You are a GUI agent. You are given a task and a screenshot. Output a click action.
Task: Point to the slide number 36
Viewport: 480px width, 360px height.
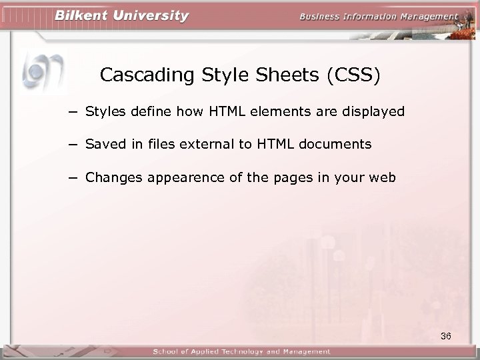446,336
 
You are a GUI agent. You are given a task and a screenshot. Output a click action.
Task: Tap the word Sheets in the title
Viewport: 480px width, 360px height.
292,75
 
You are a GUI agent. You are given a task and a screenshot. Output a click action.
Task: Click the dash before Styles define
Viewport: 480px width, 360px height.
71,112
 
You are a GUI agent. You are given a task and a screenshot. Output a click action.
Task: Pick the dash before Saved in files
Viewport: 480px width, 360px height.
71,145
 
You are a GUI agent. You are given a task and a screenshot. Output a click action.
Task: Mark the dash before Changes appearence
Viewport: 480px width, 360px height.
71,178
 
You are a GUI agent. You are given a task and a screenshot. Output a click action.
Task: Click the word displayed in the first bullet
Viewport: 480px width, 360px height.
373,111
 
